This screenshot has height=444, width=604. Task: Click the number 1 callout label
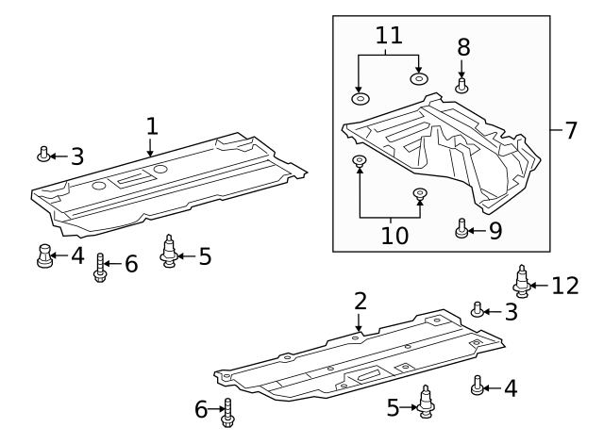[x=151, y=125]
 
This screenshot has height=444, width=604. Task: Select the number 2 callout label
[x=360, y=302]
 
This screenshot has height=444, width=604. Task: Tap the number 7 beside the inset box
[x=570, y=130]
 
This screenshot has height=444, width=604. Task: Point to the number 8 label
[x=462, y=47]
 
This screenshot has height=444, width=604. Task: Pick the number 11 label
[x=388, y=36]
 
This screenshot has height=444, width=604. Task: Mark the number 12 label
[x=564, y=284]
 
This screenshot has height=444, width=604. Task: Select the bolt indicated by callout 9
[x=462, y=227]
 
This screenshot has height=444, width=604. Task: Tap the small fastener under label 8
[x=462, y=85]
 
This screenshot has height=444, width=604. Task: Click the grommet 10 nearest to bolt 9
[x=421, y=194]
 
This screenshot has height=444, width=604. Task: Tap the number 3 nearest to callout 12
[x=511, y=312]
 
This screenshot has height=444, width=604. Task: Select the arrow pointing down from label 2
[x=359, y=321]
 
